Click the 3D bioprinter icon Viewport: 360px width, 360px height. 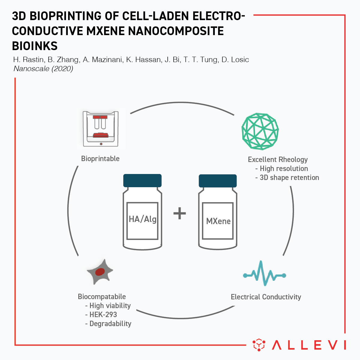[x=100, y=129]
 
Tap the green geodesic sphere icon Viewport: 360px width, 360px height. [x=260, y=131]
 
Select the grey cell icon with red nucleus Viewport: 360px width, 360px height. [x=100, y=272]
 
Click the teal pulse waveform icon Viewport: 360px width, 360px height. [x=265, y=273]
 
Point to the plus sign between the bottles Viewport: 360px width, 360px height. [x=179, y=213]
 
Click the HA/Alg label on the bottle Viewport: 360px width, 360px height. [x=142, y=219]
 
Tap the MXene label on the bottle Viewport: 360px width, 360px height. [x=218, y=221]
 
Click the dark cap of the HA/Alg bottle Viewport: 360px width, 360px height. [x=142, y=181]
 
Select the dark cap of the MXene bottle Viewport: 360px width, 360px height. [x=217, y=181]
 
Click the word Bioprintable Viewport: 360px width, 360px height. [x=100, y=159]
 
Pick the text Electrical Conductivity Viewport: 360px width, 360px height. [x=266, y=297]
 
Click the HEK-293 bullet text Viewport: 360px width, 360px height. [x=101, y=315]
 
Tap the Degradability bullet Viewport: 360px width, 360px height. [x=108, y=324]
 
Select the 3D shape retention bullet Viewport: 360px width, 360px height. [x=287, y=178]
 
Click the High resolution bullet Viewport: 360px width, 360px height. [x=281, y=169]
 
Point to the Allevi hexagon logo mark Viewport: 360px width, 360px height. [x=259, y=345]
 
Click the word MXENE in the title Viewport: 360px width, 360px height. [x=105, y=31]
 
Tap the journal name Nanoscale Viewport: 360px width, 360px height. [x=31, y=69]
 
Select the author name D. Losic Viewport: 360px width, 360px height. [x=235, y=60]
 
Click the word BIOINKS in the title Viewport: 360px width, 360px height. [x=35, y=46]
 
